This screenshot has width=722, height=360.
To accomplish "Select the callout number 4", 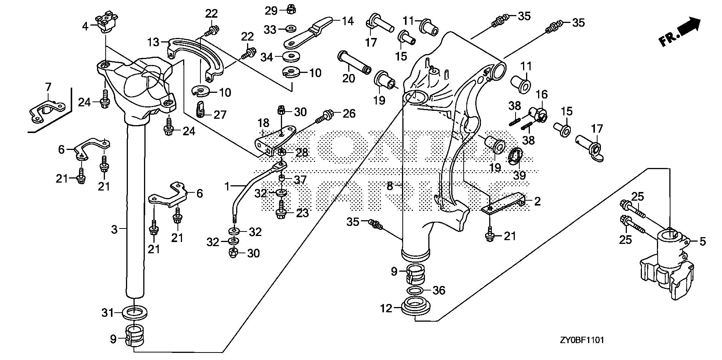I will [x=85, y=26].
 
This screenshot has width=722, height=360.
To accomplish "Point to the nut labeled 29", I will [x=290, y=10].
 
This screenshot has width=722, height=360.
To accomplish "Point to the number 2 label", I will [x=537, y=201].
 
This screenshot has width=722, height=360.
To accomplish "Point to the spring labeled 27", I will [x=202, y=109].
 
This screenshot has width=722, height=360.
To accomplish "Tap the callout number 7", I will [x=48, y=87].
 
